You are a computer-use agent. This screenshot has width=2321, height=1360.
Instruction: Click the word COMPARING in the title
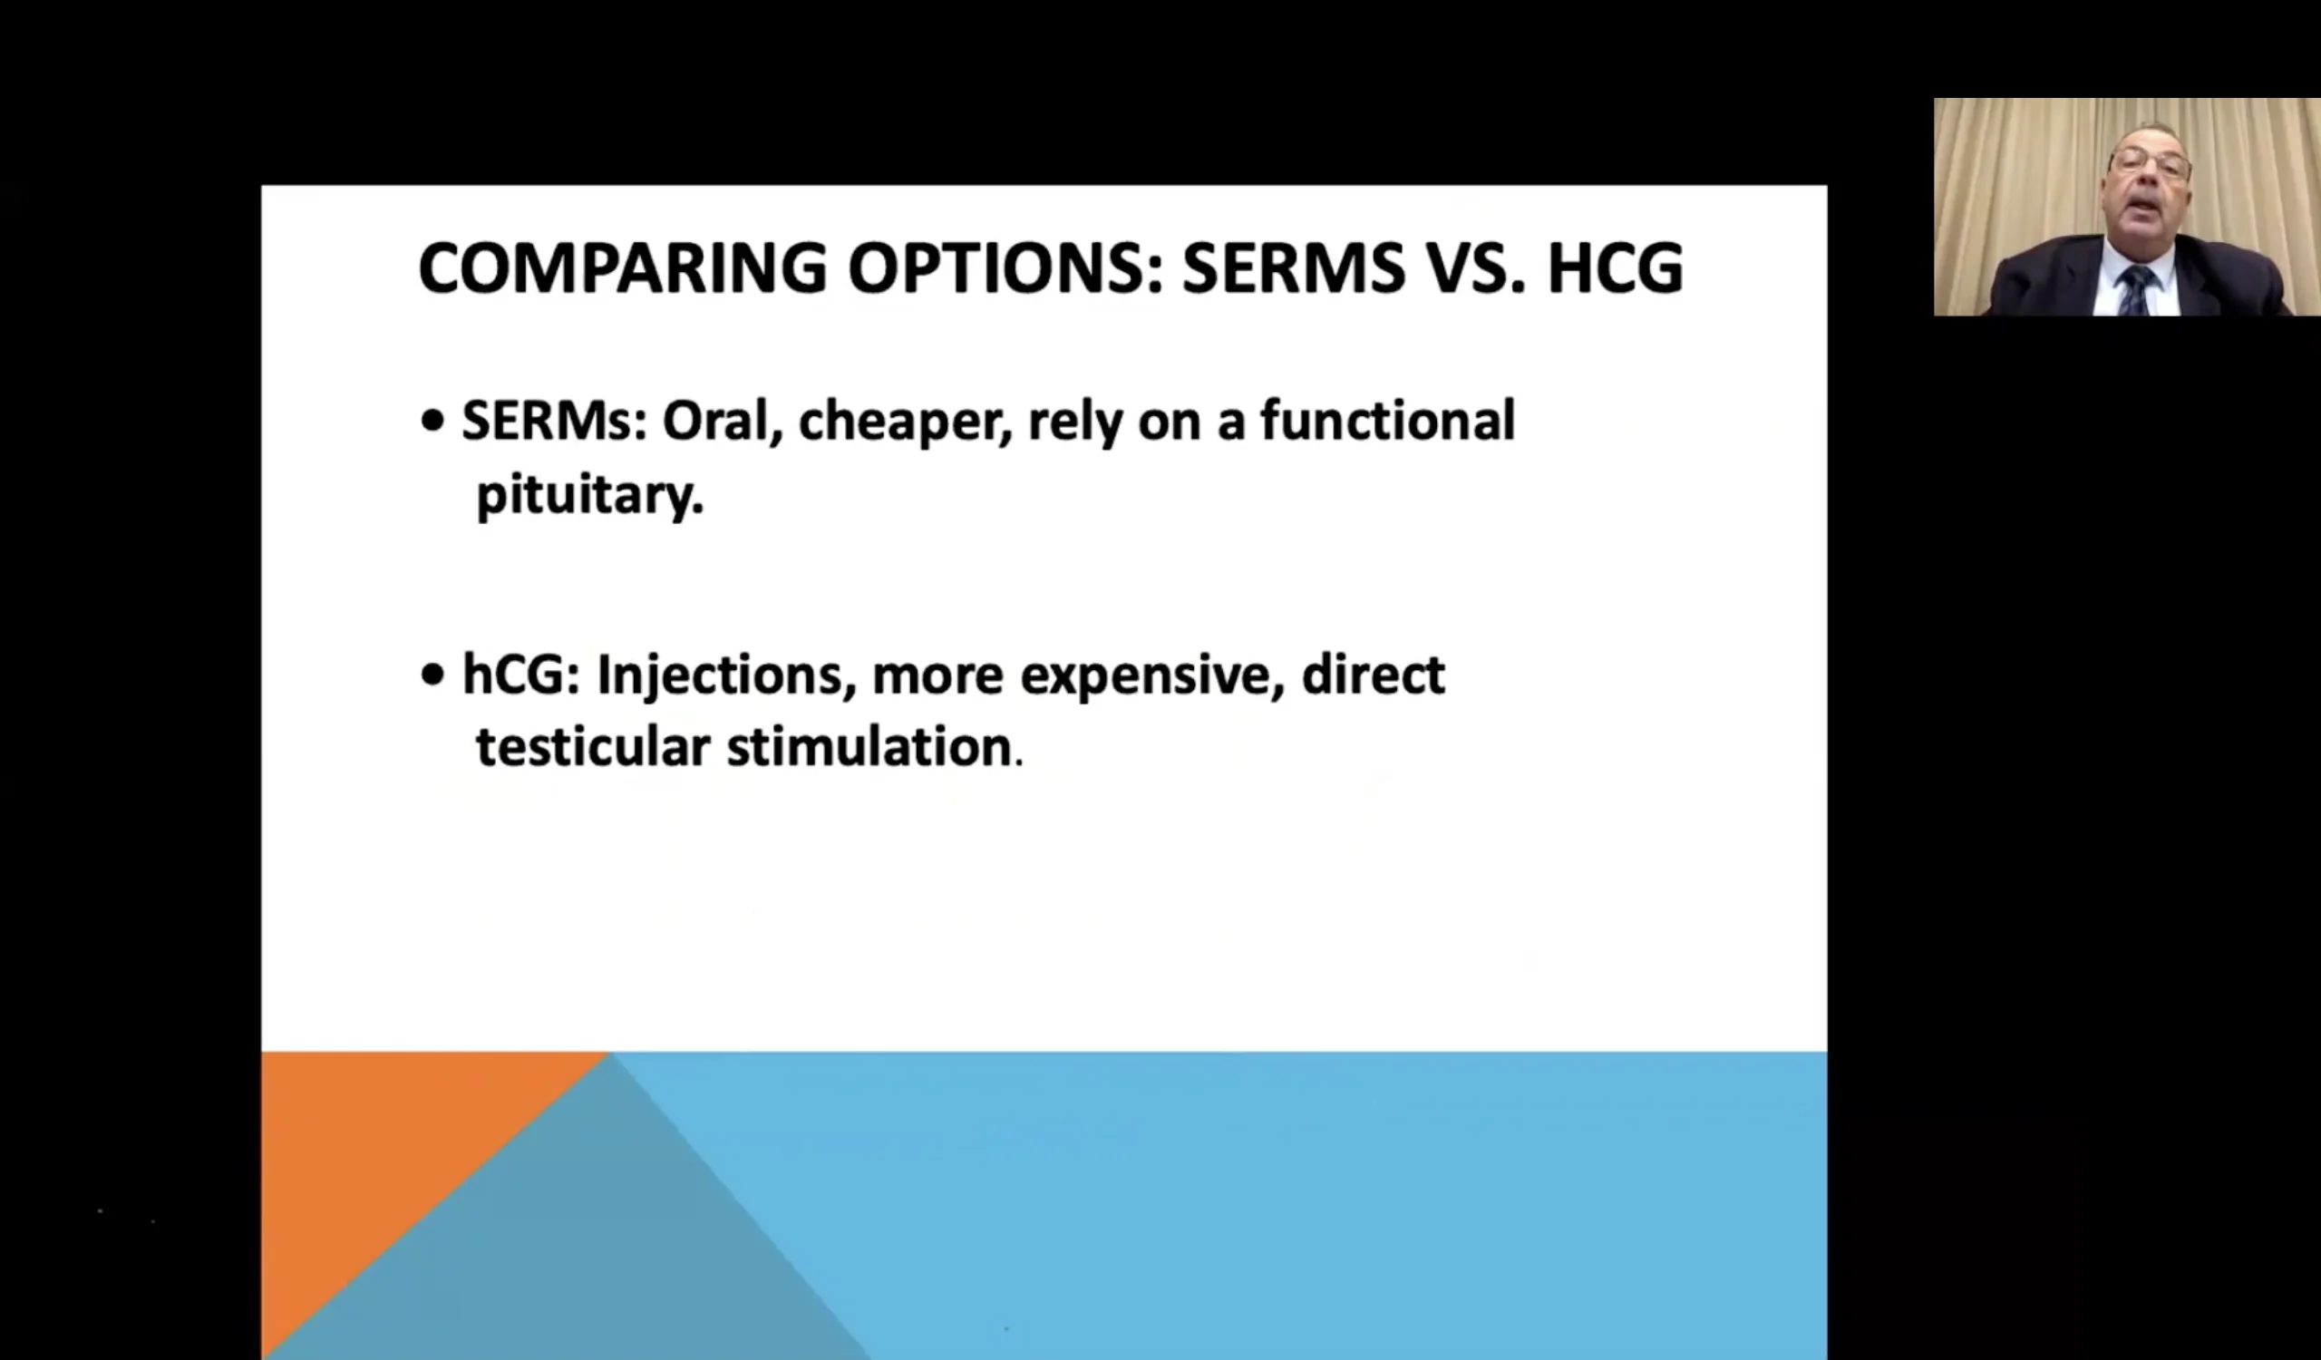(623, 268)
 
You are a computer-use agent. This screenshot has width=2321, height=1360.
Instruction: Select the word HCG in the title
(1616, 268)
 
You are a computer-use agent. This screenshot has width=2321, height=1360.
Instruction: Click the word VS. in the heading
(1472, 268)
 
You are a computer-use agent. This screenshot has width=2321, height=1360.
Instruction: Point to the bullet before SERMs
(432, 422)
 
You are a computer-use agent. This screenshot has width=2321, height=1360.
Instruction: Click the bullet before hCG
(432, 675)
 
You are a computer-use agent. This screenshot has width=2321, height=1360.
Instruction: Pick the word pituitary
(589, 495)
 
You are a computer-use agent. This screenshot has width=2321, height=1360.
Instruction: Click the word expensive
(1152, 677)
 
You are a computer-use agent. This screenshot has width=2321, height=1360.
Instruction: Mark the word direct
(1374, 674)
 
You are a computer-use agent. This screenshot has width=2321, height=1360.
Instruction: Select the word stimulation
(869, 746)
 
